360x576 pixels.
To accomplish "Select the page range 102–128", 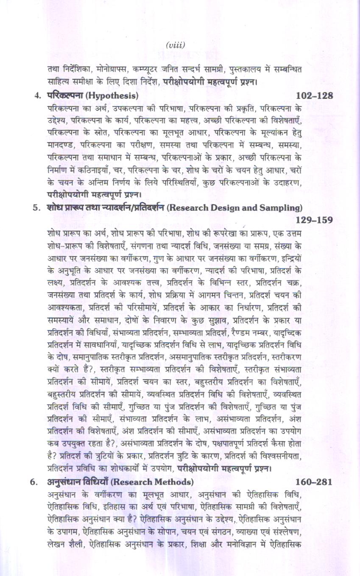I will pyautogui.click(x=314, y=95).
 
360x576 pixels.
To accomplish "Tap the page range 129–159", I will pyautogui.click(x=314, y=220).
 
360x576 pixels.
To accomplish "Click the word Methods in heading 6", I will pyautogui.click(x=174, y=482).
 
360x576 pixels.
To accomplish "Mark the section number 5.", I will pyautogui.click(x=36, y=207).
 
